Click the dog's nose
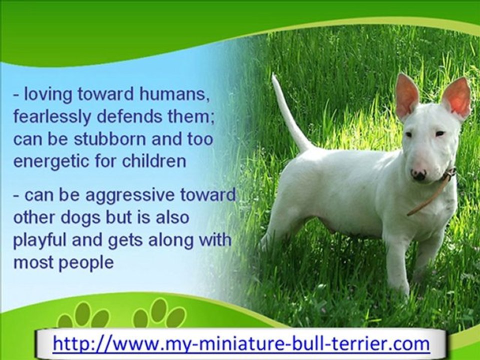tap(418, 174)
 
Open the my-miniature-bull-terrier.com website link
tap(240, 343)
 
